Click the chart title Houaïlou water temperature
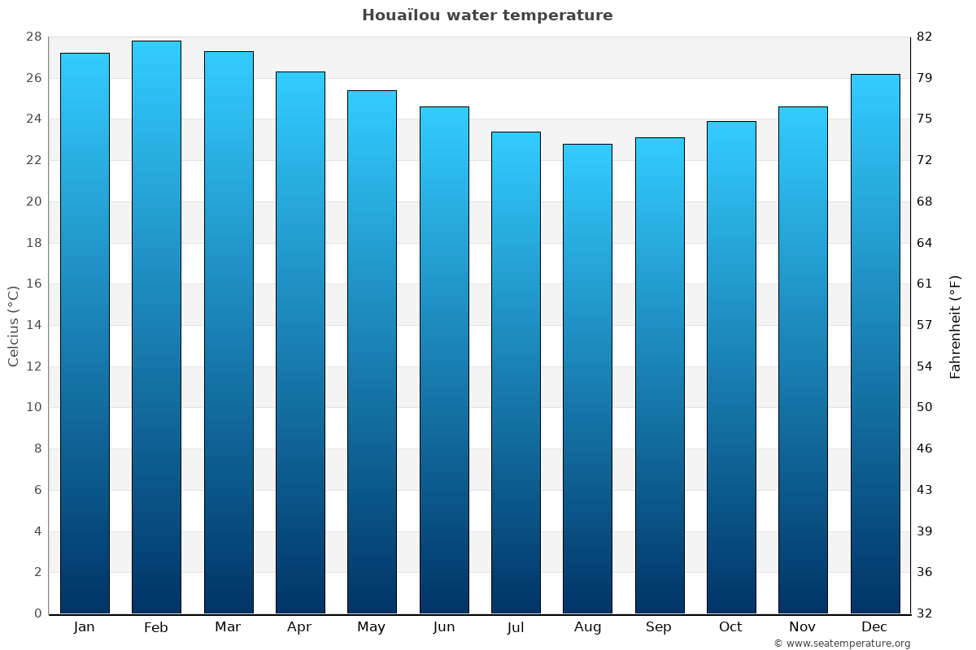tap(487, 15)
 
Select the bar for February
tap(156, 325)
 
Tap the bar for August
tap(587, 378)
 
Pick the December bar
tap(875, 341)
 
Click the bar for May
tap(372, 349)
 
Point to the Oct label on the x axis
tap(730, 627)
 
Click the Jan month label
tap(85, 627)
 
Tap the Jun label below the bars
tap(444, 627)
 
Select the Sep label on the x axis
tap(659, 627)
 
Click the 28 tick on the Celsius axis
tap(33, 37)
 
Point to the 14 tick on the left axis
tap(33, 325)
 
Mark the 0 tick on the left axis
tap(37, 613)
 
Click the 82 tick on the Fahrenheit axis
tap(924, 37)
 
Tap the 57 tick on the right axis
tap(924, 325)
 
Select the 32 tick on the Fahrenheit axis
tap(924, 613)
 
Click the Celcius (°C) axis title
tap(14, 325)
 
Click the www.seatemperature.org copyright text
tap(842, 643)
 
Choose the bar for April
tap(300, 341)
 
